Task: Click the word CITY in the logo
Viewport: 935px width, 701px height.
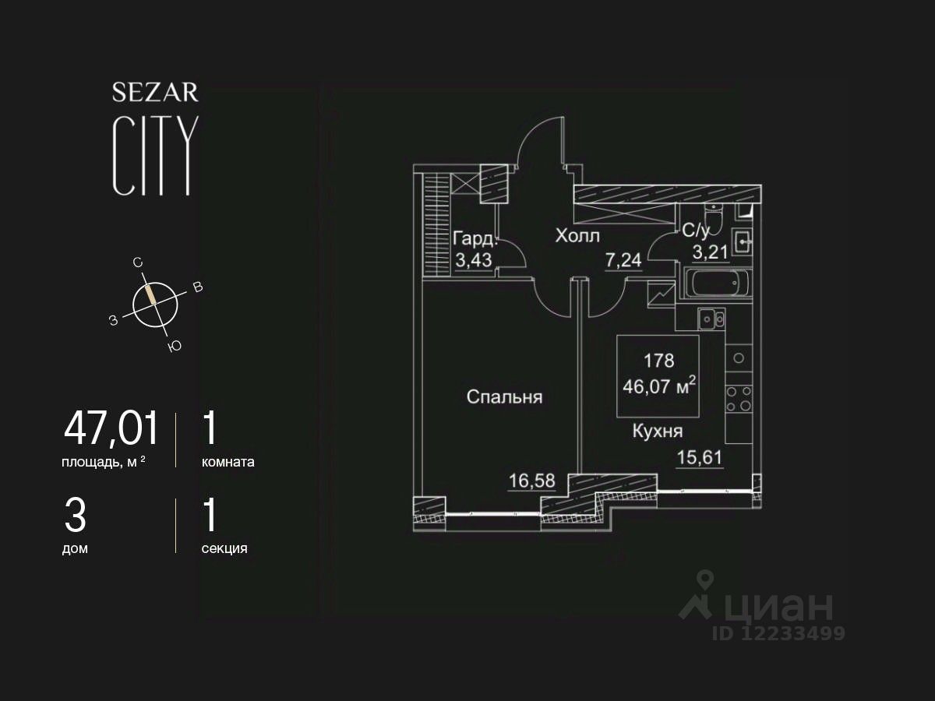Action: [x=155, y=156]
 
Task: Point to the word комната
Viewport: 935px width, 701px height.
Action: [x=228, y=461]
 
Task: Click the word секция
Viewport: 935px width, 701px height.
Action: [x=224, y=548]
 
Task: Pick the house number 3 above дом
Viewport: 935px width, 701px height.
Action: [x=75, y=516]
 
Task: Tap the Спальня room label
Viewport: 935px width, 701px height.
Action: [x=504, y=397]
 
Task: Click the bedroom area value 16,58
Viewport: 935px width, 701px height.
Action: [x=531, y=481]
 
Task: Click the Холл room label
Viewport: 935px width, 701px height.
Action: [x=577, y=235]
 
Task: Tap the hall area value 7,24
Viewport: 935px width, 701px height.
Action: [x=623, y=260]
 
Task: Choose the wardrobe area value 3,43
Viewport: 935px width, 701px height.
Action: [x=472, y=260]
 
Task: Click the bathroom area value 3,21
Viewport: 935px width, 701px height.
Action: [x=711, y=252]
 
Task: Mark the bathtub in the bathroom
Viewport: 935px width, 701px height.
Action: [x=717, y=284]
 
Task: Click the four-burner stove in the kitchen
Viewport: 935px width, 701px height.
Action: [x=738, y=398]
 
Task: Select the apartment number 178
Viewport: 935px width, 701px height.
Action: [x=658, y=361]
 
